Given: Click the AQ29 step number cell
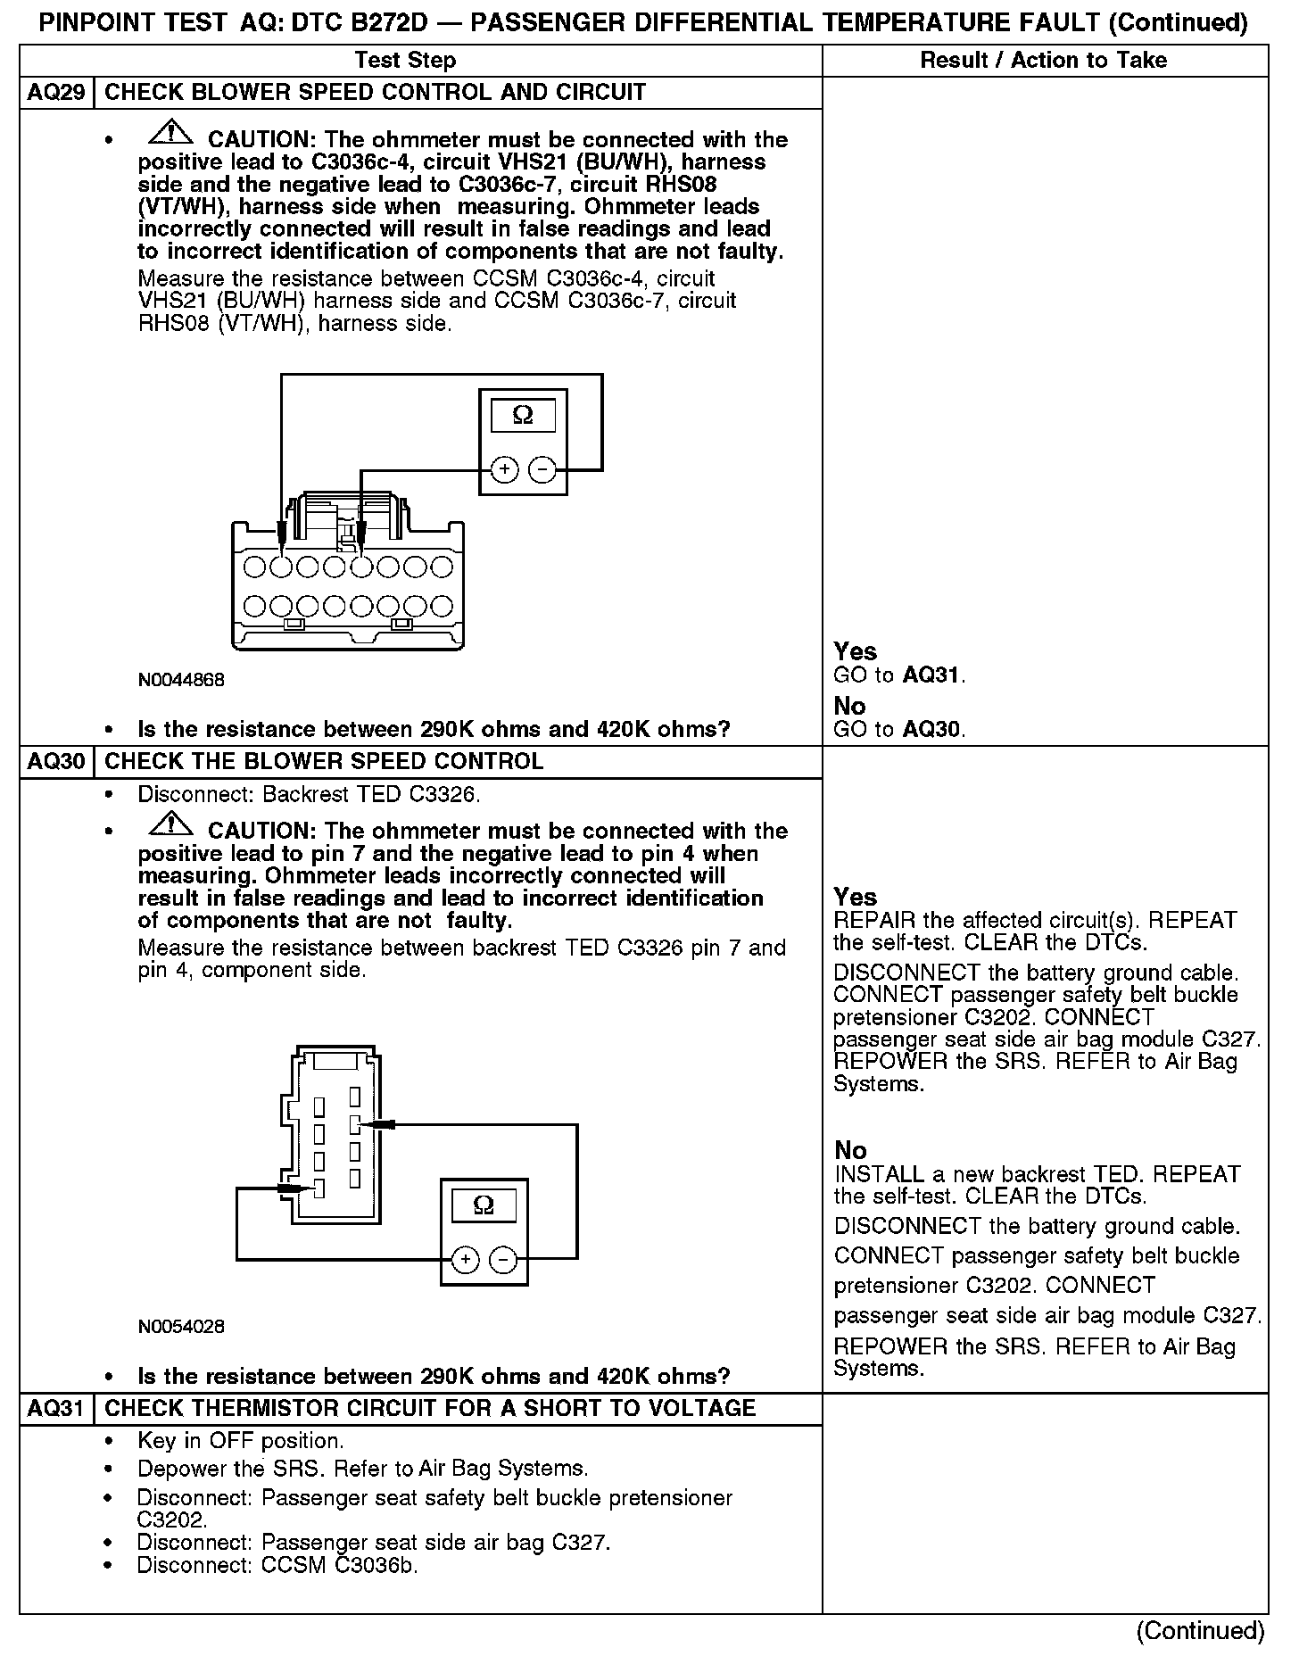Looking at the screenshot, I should click(56, 93).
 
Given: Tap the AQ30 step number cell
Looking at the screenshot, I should click(56, 762).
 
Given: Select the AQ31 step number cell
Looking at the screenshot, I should click(56, 1409).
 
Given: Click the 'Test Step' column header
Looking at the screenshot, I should click(405, 61).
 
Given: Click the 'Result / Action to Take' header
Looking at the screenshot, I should click(1043, 61).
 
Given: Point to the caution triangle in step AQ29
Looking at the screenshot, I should click(172, 134).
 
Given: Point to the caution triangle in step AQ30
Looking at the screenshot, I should click(172, 825).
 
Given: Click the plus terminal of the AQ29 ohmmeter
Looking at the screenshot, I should click(505, 469).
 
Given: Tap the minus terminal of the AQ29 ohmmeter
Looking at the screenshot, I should click(542, 469).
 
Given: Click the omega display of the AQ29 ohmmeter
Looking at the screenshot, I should click(523, 416).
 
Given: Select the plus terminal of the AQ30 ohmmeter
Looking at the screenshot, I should click(465, 1260).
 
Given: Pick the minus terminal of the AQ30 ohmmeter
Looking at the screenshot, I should click(503, 1260).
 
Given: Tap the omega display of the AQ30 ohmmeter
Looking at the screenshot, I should click(484, 1206).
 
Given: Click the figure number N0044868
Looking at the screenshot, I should click(181, 680).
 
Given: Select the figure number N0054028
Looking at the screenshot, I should click(181, 1327).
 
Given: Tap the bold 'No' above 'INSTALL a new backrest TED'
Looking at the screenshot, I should click(850, 1150).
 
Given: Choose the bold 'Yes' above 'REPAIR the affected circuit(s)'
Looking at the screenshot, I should click(855, 897).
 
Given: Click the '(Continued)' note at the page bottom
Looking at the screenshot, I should click(1200, 1630).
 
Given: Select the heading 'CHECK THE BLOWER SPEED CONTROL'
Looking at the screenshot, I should click(324, 762).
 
